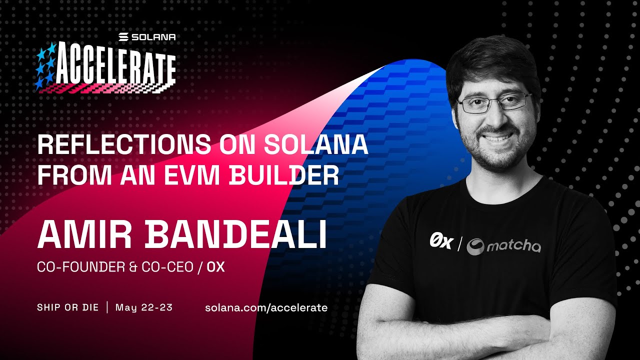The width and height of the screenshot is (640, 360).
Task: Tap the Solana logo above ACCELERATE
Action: pos(147,37)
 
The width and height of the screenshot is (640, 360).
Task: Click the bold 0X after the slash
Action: pos(215,267)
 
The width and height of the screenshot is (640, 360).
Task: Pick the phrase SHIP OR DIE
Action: pos(67,307)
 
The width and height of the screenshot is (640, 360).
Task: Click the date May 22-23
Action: pos(144,307)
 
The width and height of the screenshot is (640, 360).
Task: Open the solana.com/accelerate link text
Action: pos(266,307)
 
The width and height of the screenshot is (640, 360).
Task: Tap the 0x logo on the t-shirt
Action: pos(441,243)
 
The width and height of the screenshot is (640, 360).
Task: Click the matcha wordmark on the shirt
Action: pos(513,246)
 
